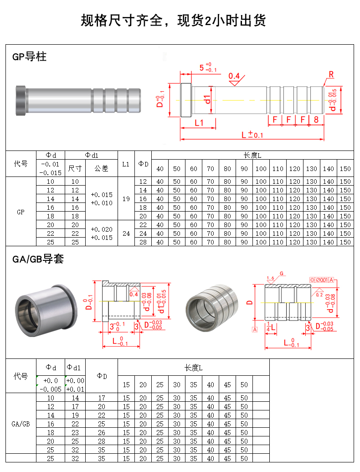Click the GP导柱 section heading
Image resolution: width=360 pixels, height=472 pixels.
29,57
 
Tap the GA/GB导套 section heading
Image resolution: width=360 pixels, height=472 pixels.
38,259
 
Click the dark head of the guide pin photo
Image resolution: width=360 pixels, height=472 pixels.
21,100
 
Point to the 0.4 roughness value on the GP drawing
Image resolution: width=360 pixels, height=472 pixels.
234,76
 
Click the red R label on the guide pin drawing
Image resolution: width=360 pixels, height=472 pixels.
331,74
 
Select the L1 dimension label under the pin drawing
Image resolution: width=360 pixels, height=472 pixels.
199,123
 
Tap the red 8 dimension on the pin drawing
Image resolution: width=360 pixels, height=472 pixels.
316,119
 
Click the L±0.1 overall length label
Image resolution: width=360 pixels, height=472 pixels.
252,135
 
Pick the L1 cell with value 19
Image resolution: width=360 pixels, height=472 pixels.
126,199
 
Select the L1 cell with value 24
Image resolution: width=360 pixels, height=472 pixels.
126,233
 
